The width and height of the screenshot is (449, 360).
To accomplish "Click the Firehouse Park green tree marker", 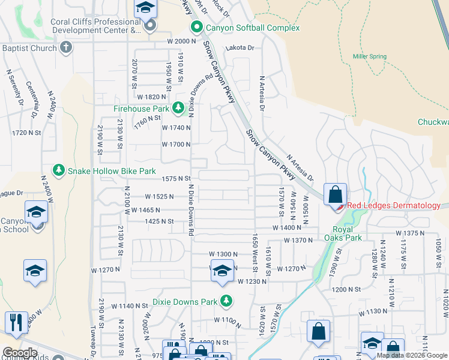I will click(x=178, y=108).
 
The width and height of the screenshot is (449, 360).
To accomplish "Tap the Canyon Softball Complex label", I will click(x=252, y=28).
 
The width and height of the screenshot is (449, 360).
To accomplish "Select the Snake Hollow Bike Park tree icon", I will click(x=58, y=171).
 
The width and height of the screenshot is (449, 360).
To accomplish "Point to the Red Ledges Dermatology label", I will click(x=393, y=206).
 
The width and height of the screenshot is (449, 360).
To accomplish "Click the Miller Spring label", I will click(x=369, y=56).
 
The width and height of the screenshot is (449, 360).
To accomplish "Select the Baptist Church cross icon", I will click(x=66, y=47).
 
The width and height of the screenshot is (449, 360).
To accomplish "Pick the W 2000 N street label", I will click(x=181, y=41).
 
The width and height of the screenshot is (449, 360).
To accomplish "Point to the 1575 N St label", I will click(x=176, y=178).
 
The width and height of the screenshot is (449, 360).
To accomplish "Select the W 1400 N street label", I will click(x=286, y=228).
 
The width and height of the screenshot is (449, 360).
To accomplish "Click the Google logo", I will click(x=20, y=353).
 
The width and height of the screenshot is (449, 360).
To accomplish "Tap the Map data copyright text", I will click(x=411, y=355).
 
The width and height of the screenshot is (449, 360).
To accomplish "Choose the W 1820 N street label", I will click(x=151, y=97).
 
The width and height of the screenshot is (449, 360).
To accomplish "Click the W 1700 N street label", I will click(x=176, y=145).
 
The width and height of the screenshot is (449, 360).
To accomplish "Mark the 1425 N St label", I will click(x=158, y=221).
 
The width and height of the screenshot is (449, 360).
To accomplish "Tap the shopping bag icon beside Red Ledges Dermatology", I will click(x=336, y=194).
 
